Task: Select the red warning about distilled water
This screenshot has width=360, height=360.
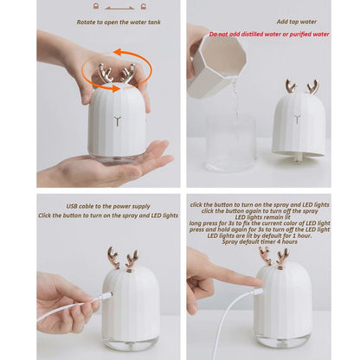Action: [268, 35]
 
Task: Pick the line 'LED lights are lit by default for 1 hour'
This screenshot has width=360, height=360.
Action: [260, 234]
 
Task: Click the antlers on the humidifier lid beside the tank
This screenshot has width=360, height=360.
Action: [300, 87]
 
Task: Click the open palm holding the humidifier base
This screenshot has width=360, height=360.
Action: [112, 164]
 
